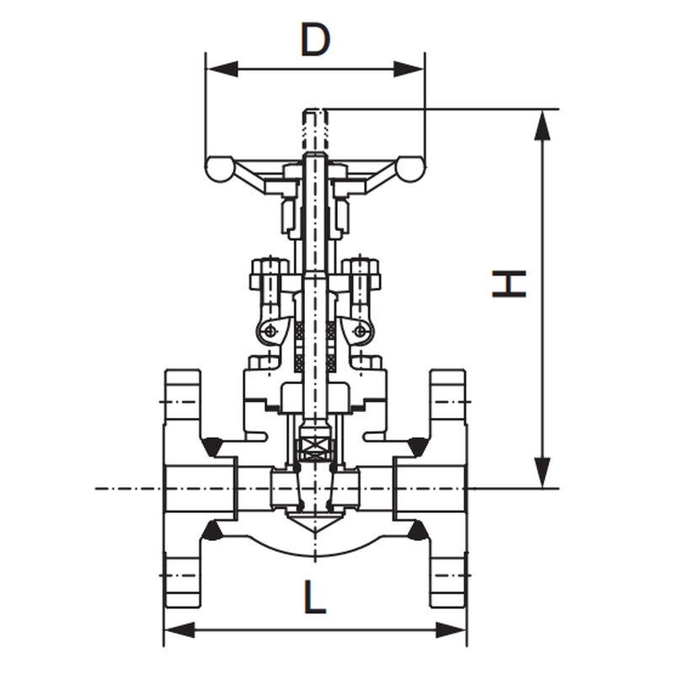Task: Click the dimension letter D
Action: pos(315,40)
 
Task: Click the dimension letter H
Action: pos(509,284)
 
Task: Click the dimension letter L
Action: pos(315,596)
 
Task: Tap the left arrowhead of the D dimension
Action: pos(222,69)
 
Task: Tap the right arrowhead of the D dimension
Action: pos(409,69)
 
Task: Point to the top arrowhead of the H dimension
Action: pos(543,125)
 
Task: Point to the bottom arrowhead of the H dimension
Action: pos(543,473)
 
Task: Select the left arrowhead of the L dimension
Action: pos(179,630)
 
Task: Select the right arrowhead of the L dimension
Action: pos(452,630)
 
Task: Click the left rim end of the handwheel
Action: pos(219,169)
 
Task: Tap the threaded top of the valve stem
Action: pos(316,131)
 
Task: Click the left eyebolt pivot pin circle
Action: pos(270,330)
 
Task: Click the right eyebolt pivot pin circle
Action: pos(361,330)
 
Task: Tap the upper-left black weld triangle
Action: pos(211,447)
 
